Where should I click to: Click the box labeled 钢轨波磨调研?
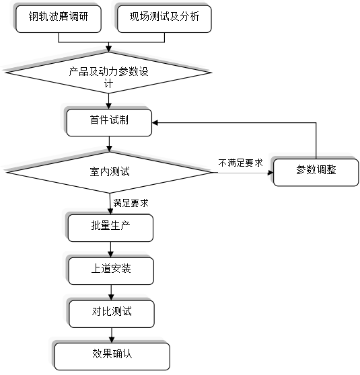coord(59,19)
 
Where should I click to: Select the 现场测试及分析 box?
coord(164,19)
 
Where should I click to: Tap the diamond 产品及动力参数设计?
coord(109,73)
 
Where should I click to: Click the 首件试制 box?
coord(109,123)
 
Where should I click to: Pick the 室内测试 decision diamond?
coord(109,172)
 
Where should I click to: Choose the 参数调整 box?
coord(316,172)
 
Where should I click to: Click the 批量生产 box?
coord(110,228)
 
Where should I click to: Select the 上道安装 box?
coord(111,271)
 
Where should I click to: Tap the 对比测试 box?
coord(112,314)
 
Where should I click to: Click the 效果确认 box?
coord(112,357)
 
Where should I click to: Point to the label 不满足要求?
coord(240,163)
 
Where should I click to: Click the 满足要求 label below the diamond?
coord(131,203)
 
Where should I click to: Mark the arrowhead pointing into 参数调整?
coord(271,173)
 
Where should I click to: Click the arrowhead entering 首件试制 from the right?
coord(155,123)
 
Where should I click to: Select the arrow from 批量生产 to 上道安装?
coord(110,249)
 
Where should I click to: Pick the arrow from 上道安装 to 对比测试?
coord(111,292)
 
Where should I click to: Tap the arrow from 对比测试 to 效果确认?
coord(112,335)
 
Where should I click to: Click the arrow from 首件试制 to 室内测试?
coord(109,144)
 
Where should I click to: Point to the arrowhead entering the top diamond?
coord(109,49)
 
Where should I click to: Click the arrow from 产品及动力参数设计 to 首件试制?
coord(109,101)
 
